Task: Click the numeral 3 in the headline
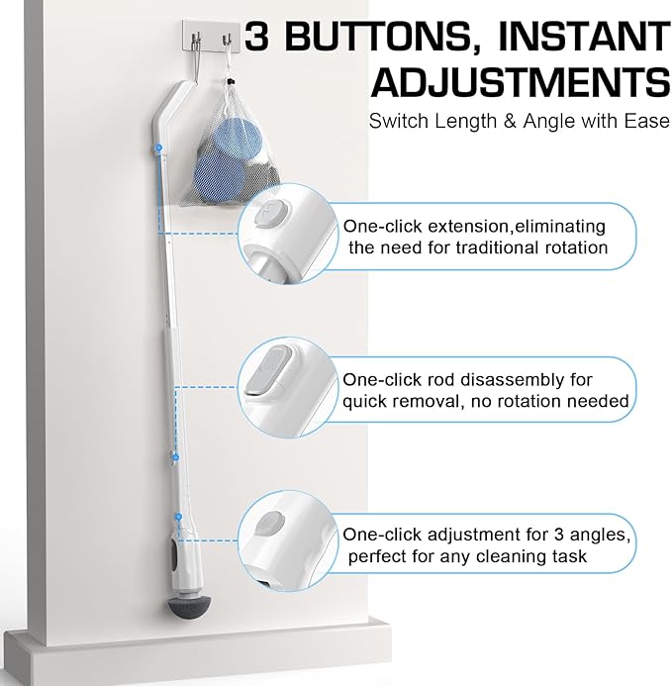[x=257, y=36]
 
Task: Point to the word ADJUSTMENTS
[x=521, y=82]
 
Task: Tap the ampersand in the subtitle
[x=510, y=121]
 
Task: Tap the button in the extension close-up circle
[x=272, y=213]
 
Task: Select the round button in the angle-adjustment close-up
[x=269, y=524]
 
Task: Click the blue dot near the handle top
[x=159, y=147]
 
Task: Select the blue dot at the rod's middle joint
[x=175, y=457]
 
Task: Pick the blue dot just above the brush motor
[x=178, y=517]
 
